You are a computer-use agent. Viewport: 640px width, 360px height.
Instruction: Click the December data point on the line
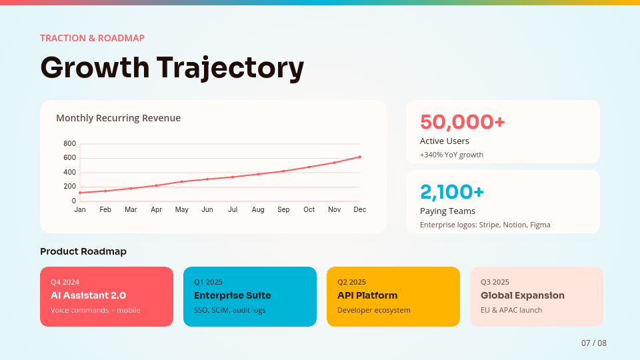pos(360,157)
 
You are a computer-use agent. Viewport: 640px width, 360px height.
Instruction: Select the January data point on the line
pos(80,193)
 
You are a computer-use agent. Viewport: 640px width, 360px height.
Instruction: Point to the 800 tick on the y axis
pos(70,143)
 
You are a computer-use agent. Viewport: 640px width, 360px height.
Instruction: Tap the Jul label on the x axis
pos(233,209)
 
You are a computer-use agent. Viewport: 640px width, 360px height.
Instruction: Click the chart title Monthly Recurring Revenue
pos(118,118)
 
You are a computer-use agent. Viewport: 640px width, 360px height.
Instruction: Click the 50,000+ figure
pos(463,122)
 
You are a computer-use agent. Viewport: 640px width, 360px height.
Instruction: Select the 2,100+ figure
pos(452,192)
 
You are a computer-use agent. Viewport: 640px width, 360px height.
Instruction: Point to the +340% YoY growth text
pos(451,155)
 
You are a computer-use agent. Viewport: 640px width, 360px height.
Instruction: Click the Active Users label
pos(445,141)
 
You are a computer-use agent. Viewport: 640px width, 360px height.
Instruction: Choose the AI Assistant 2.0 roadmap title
pos(88,295)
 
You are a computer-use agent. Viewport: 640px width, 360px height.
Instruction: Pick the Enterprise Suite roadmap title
pos(232,295)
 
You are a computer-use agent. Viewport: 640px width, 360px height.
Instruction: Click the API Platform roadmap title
pos(367,295)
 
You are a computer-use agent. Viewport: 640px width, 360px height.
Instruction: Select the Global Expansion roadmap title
pos(523,295)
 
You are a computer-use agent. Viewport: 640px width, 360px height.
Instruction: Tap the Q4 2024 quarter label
pos(65,282)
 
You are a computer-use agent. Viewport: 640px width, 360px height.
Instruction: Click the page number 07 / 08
pos(594,343)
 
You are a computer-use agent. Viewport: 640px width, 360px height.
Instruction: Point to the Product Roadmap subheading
pos(83,251)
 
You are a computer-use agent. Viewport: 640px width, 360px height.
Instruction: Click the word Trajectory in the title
pos(230,68)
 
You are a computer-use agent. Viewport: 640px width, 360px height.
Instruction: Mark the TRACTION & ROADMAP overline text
pos(92,38)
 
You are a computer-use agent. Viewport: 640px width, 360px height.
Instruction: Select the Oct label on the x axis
pos(309,209)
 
